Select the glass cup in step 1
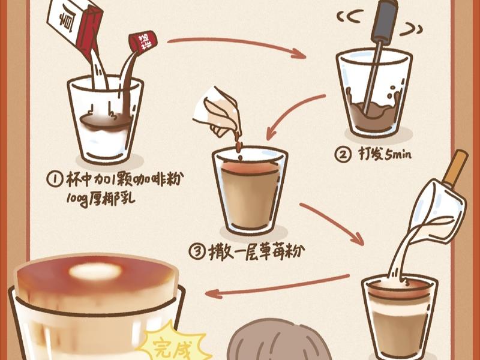[x=106, y=120]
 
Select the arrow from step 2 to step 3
[x=294, y=114]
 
